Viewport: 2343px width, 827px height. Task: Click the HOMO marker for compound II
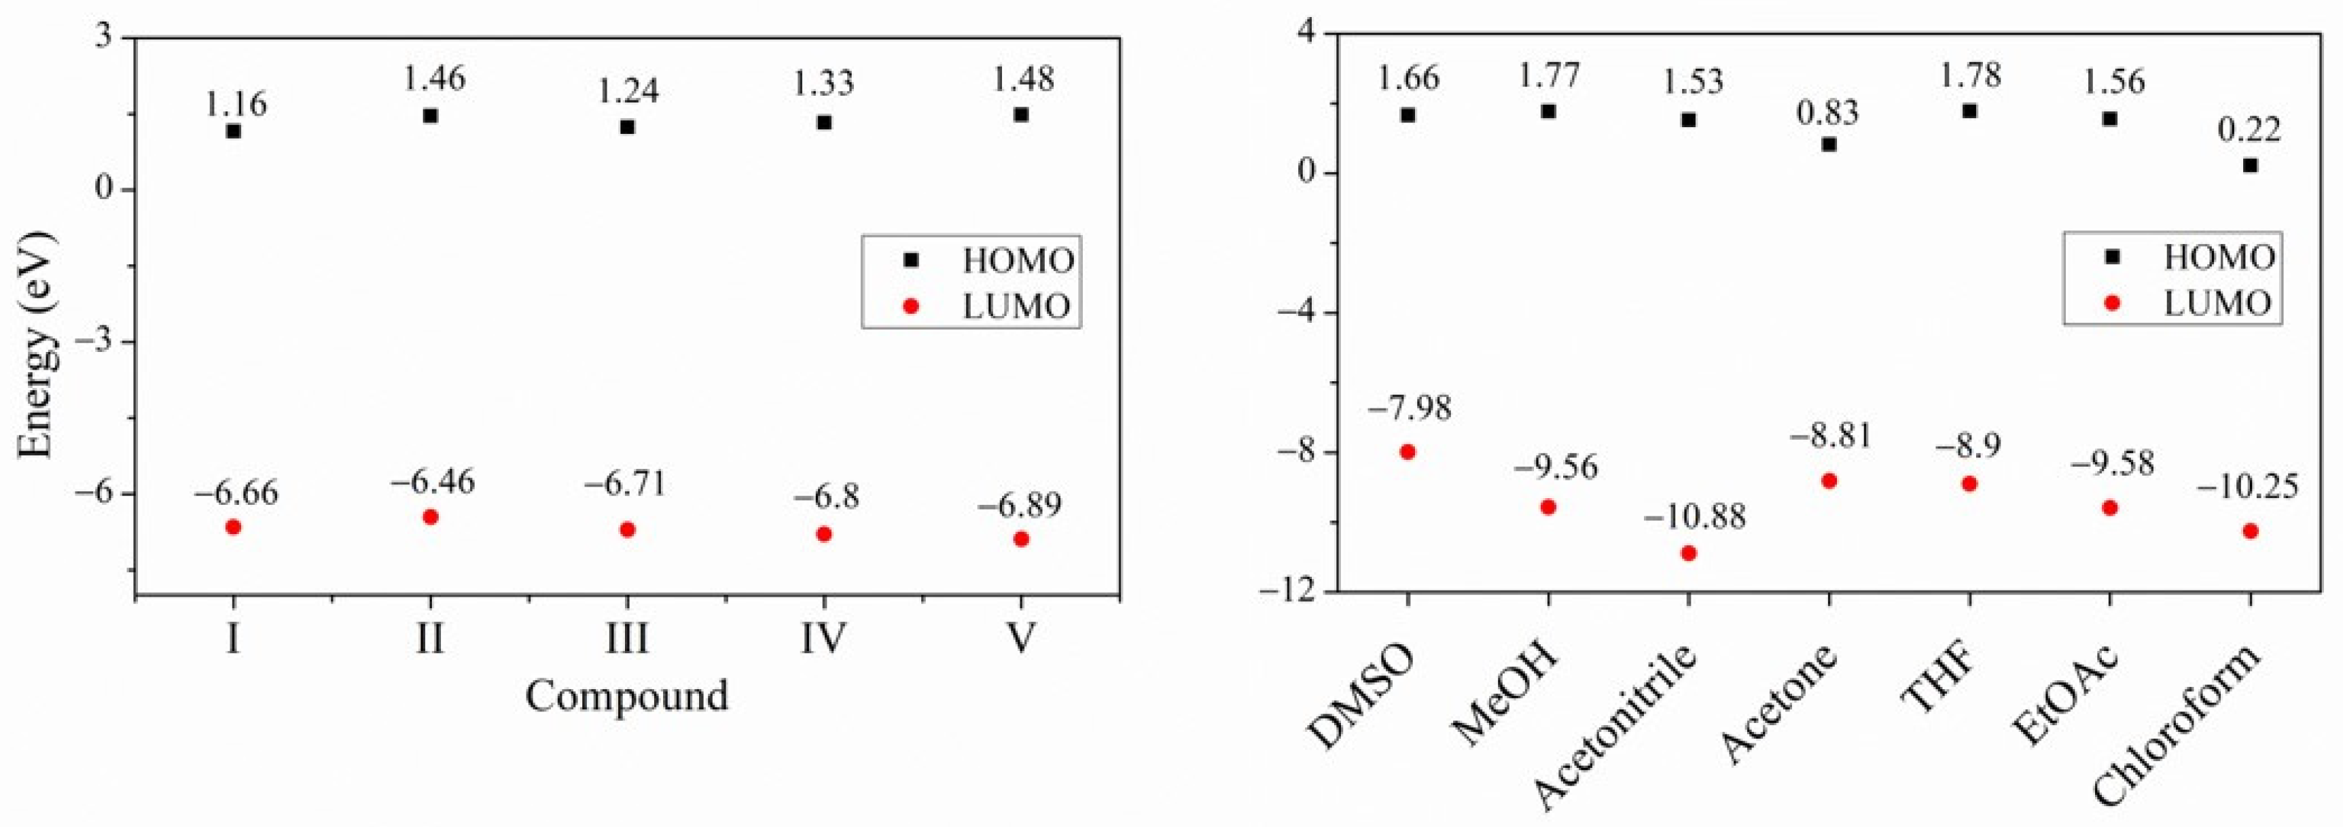pyautogui.click(x=430, y=116)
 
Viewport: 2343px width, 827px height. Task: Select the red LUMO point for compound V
pyautogui.click(x=1020, y=539)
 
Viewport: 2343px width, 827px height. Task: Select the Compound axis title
pyautogui.click(x=627, y=696)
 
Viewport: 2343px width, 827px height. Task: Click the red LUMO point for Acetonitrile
pyautogui.click(x=1688, y=553)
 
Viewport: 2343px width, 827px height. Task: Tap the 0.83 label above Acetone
pyautogui.click(x=1827, y=113)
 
